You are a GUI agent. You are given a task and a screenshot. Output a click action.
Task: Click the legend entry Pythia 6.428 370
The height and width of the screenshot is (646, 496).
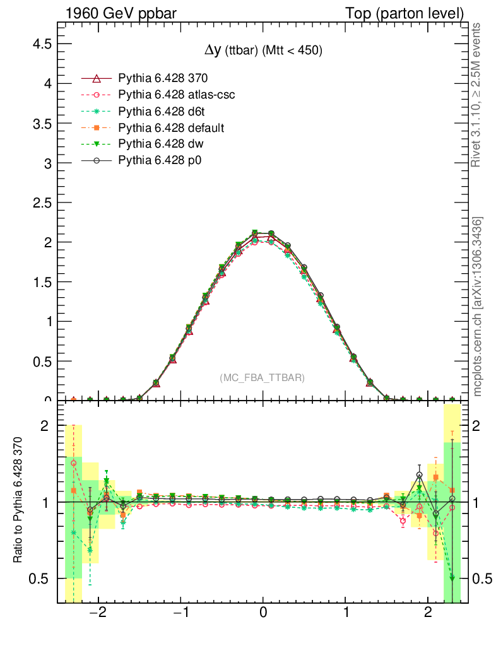tap(163, 79)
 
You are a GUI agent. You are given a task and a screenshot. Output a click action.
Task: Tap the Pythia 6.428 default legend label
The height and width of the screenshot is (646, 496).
tap(171, 128)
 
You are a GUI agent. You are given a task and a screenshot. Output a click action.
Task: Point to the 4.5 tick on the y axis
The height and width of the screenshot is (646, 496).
tap(43, 44)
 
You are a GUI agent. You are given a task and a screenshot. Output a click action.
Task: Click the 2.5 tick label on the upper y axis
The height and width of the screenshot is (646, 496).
tap(43, 203)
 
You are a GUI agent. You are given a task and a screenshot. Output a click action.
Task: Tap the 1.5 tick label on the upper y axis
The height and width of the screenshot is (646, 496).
tap(43, 281)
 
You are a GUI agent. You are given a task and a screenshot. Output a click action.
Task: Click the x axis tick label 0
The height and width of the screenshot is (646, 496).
tap(263, 613)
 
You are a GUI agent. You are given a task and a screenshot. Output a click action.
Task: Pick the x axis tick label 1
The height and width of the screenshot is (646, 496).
tap(346, 613)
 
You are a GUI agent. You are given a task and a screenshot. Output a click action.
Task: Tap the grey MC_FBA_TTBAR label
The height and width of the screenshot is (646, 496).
tap(262, 377)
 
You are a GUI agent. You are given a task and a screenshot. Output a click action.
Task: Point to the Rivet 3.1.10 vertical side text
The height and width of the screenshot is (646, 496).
tap(477, 95)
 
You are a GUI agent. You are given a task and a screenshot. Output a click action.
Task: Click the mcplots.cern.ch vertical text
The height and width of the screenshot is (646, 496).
tap(478, 307)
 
